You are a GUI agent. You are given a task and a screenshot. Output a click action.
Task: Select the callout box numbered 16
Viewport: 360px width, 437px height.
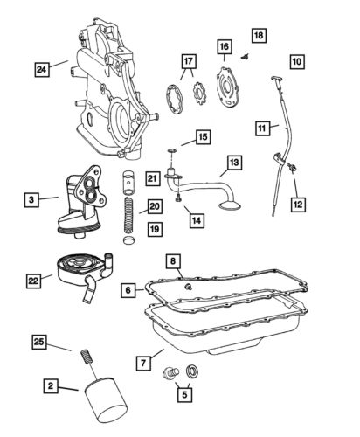pyautogui.click(x=224, y=46)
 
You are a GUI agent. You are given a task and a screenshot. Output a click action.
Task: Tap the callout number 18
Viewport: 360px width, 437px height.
pyautogui.click(x=258, y=35)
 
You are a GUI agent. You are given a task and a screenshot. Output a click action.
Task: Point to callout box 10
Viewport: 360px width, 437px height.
pyautogui.click(x=298, y=62)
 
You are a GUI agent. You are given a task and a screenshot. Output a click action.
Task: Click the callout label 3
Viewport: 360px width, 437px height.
pyautogui.click(x=31, y=201)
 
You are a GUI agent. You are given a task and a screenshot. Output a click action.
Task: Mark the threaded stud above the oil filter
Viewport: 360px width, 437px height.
pyautogui.click(x=87, y=358)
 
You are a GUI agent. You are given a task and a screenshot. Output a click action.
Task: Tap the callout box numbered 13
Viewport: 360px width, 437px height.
pyautogui.click(x=234, y=163)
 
